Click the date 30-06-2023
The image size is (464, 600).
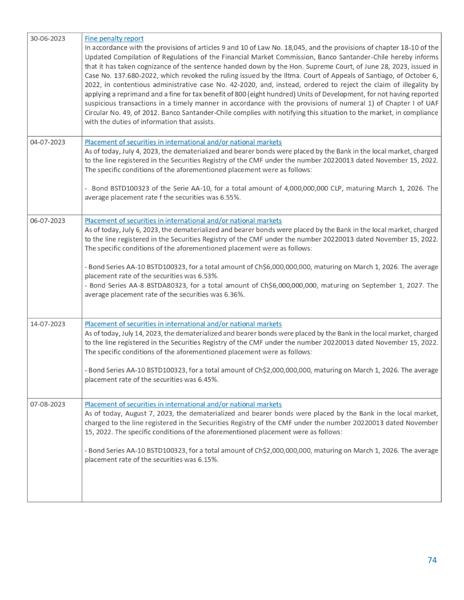pyautogui.click(x=48, y=38)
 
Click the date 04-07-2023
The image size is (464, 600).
pyautogui.click(x=48, y=142)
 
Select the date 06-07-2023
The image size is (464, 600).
pyautogui.click(x=48, y=220)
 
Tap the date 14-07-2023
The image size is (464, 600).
pyautogui.click(x=48, y=324)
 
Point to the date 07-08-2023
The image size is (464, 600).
pyautogui.click(x=48, y=404)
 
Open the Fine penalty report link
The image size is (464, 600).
pyautogui.click(x=114, y=38)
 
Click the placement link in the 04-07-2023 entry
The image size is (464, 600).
pyautogui.click(x=183, y=142)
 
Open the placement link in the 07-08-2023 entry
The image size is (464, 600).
pyautogui.click(x=183, y=404)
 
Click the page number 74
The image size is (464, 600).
pyautogui.click(x=432, y=560)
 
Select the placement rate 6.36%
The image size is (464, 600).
pyautogui.click(x=232, y=294)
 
